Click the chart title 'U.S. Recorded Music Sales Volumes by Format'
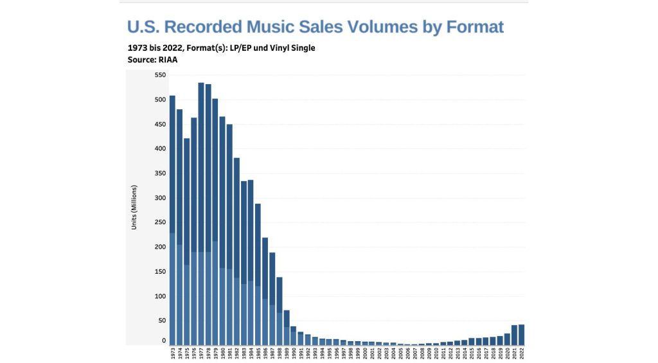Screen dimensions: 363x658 tap(315, 27)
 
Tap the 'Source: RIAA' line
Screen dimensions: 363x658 tap(152, 60)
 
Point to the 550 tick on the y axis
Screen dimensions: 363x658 tap(160, 75)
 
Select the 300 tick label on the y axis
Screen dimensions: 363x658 tap(160, 198)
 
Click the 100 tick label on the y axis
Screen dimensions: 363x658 tap(160, 296)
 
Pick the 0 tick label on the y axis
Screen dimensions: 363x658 tap(164, 341)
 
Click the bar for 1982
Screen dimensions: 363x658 tap(236, 251)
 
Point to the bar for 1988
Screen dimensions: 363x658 tap(280, 311)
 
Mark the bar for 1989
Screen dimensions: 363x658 tap(287, 327)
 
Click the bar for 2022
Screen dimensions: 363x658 tap(521, 335)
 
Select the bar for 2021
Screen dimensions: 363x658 tap(514, 335)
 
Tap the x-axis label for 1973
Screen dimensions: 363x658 tap(173, 354)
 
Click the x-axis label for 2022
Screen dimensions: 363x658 tap(522, 354)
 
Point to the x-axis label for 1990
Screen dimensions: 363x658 tap(294, 354)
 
